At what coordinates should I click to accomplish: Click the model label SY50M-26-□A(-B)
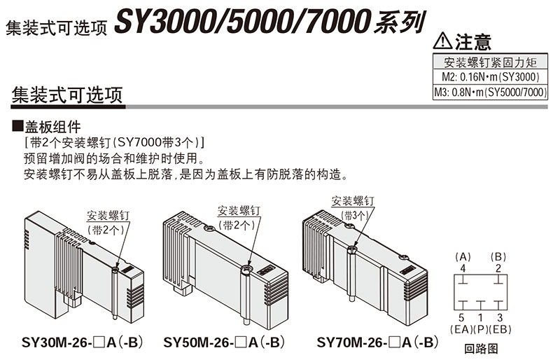[x=224, y=342]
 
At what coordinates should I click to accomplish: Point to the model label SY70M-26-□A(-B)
[x=377, y=342]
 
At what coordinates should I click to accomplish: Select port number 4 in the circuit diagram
[x=462, y=268]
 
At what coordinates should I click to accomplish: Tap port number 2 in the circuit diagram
[x=498, y=268]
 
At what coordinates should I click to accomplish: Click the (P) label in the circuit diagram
[x=480, y=328]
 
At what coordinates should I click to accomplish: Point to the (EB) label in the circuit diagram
[x=500, y=328]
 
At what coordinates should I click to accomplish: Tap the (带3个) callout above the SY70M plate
[x=355, y=214]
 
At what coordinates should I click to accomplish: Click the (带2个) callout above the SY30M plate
[x=106, y=229]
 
